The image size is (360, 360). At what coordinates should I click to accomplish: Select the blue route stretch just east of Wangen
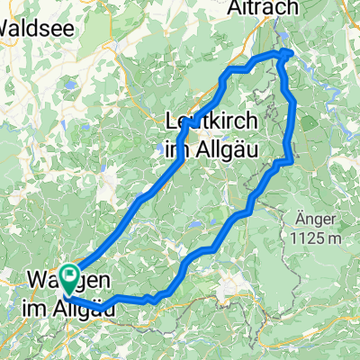126,298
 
